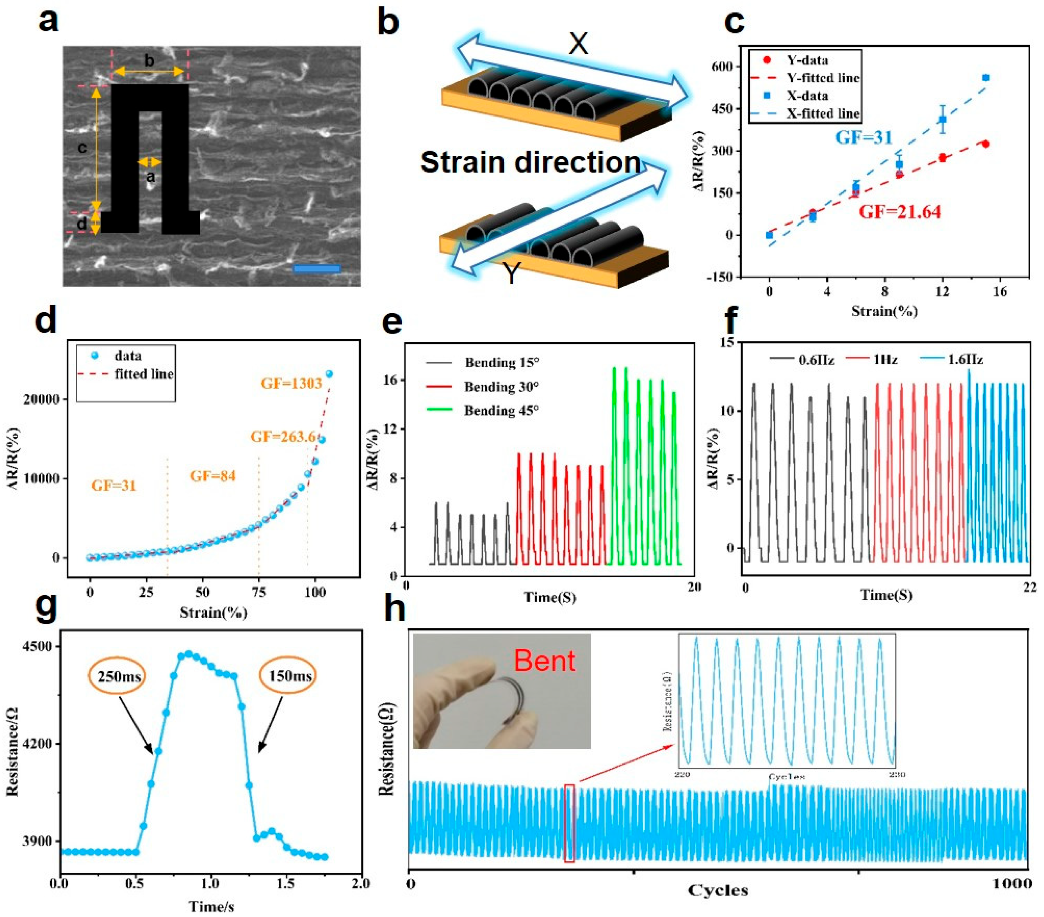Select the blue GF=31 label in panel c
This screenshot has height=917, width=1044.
863,137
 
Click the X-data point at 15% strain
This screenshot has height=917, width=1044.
985,78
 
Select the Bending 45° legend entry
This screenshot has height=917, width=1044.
501,410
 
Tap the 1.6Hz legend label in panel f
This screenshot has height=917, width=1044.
965,359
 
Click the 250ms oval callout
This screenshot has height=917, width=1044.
117,676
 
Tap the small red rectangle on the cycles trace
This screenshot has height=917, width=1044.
570,823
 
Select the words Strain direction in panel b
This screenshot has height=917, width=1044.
530,162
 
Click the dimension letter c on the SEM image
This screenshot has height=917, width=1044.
82,148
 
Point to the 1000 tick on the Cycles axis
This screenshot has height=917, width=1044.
1016,883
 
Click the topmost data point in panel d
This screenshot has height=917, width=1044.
329,374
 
